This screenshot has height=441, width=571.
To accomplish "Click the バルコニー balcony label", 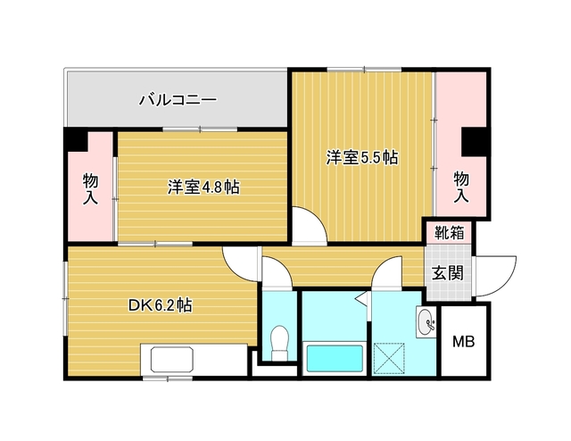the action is [x=178, y=99].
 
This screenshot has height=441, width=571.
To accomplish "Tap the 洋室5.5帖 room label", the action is [x=361, y=158].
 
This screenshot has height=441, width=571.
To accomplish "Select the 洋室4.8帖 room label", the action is [x=203, y=187].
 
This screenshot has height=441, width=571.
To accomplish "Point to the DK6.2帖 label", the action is [x=161, y=305].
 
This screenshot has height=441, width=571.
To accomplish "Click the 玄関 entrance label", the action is [x=448, y=272].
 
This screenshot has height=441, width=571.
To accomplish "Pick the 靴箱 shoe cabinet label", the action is [x=450, y=232].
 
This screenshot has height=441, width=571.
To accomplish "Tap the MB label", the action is [x=463, y=342].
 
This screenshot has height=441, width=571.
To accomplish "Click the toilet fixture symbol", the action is [x=280, y=342].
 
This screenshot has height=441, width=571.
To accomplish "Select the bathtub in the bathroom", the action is [x=335, y=358].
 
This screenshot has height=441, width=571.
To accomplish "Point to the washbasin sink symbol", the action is [x=426, y=322].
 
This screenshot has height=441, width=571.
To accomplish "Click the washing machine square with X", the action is [x=389, y=358].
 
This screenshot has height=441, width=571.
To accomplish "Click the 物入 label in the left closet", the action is [x=90, y=188].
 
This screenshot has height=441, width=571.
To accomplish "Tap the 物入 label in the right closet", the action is [x=461, y=187].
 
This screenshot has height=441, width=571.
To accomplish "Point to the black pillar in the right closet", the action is [x=475, y=141].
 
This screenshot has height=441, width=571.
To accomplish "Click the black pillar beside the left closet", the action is [x=76, y=139].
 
